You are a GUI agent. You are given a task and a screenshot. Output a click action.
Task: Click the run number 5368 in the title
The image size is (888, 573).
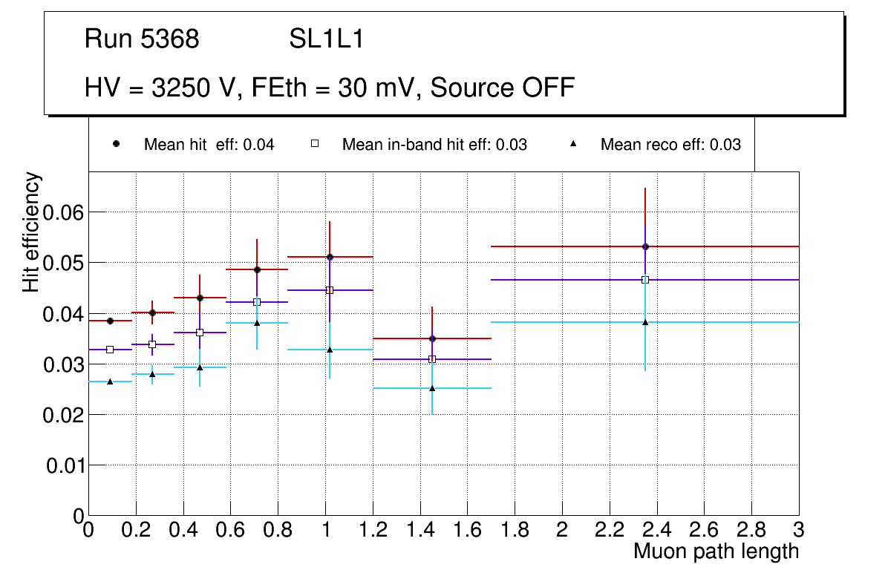[170, 39]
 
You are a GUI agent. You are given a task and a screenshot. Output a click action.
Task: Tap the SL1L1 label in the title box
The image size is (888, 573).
[326, 39]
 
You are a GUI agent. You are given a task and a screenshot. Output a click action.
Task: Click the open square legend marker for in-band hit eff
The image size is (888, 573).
[315, 144]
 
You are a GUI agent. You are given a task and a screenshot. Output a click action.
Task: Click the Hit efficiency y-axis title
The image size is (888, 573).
[32, 232]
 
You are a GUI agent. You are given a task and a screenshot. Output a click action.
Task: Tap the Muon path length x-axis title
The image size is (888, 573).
[716, 551]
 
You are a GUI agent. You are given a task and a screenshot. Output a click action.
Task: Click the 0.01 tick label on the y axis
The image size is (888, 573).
[63, 466]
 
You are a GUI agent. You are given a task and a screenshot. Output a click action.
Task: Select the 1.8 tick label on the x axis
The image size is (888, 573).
[515, 530]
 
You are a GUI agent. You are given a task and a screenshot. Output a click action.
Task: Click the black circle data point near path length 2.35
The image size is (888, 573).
[645, 246]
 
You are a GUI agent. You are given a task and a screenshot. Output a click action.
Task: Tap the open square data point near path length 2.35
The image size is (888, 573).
[645, 280]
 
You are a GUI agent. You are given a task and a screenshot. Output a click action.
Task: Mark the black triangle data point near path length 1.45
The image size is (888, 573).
[432, 388]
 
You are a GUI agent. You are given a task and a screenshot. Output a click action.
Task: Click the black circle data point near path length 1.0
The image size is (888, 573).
[330, 257]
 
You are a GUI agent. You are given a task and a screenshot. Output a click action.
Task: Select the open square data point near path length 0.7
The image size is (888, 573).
[257, 302]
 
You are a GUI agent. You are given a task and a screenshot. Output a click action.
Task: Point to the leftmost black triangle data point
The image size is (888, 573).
[110, 382]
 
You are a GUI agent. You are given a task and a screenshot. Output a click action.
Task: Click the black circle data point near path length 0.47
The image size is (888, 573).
[200, 298]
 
